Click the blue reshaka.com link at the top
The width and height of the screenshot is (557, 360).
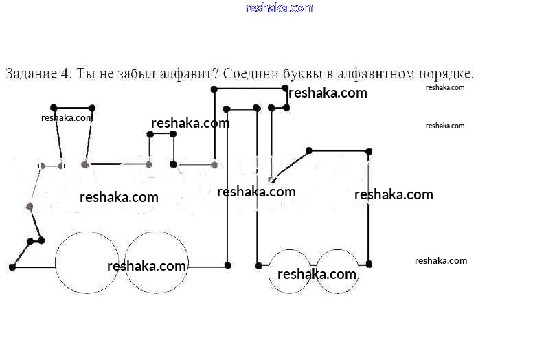(279, 8)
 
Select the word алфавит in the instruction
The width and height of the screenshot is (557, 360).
(186, 74)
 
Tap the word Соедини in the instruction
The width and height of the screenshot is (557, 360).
(249, 74)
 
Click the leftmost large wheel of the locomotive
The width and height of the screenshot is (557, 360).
(87, 262)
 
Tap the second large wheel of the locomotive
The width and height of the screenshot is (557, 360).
(157, 262)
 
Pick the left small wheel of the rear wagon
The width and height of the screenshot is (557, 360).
(290, 271)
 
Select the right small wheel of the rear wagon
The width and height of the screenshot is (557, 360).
(338, 271)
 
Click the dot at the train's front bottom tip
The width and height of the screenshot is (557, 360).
(12, 267)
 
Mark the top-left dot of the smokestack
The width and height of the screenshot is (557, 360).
(54, 108)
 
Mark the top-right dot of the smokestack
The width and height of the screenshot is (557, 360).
(92, 108)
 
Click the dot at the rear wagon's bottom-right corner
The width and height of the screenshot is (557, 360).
(370, 264)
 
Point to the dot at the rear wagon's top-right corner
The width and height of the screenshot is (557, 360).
(370, 151)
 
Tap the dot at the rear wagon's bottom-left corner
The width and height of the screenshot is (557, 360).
(259, 265)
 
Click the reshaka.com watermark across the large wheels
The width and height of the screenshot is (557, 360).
(147, 266)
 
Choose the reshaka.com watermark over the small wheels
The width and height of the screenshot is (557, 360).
(317, 274)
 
